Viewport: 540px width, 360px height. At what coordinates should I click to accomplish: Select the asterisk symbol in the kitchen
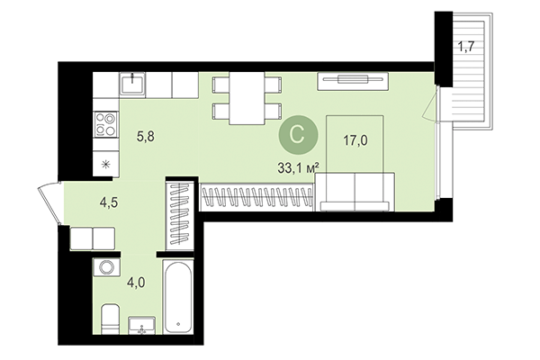tap(106, 163)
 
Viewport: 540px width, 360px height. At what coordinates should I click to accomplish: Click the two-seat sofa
tap(355, 191)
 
